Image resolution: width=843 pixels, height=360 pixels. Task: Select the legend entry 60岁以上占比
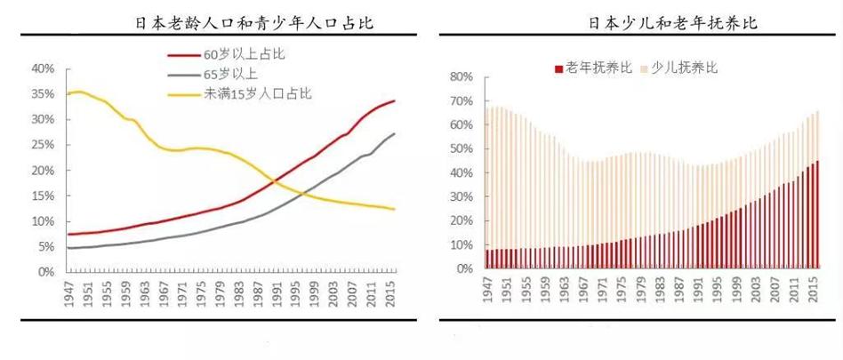[x=244, y=54]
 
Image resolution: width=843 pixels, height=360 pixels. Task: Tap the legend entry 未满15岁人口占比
[x=257, y=92]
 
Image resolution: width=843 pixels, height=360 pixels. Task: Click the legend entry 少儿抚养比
[x=684, y=68]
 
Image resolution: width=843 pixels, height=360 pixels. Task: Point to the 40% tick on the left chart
[x=44, y=68]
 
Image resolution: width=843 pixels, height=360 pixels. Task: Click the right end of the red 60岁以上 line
[x=395, y=100]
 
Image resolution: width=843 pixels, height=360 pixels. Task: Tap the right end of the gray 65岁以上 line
[x=395, y=133]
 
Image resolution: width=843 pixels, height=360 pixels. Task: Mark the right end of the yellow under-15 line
[x=395, y=209]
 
